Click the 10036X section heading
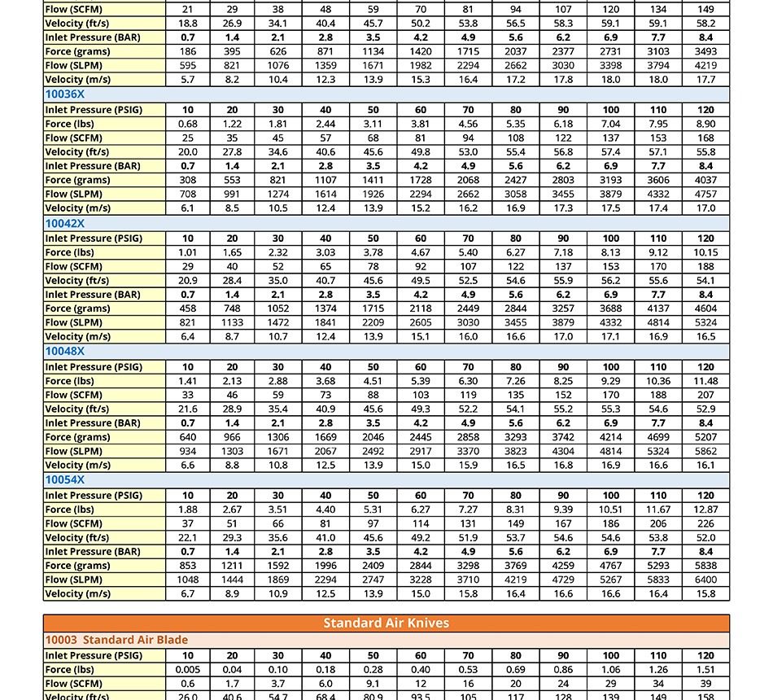click(x=65, y=94)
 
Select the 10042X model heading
click(x=65, y=223)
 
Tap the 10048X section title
click(x=65, y=352)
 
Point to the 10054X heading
click(x=65, y=480)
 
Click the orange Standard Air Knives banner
click(x=386, y=623)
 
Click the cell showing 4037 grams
click(x=705, y=180)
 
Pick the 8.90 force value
click(x=705, y=124)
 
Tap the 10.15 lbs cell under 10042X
click(x=705, y=252)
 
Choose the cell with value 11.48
click(x=705, y=381)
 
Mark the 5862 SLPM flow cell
click(x=705, y=451)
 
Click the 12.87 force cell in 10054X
click(x=705, y=510)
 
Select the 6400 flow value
click(x=705, y=580)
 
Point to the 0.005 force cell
click(x=188, y=670)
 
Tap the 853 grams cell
click(x=188, y=566)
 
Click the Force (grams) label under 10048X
click(x=78, y=437)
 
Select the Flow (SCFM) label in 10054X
click(x=74, y=523)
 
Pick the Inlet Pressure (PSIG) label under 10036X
click(x=94, y=110)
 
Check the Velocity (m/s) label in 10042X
click(x=78, y=336)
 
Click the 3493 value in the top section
click(x=705, y=51)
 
